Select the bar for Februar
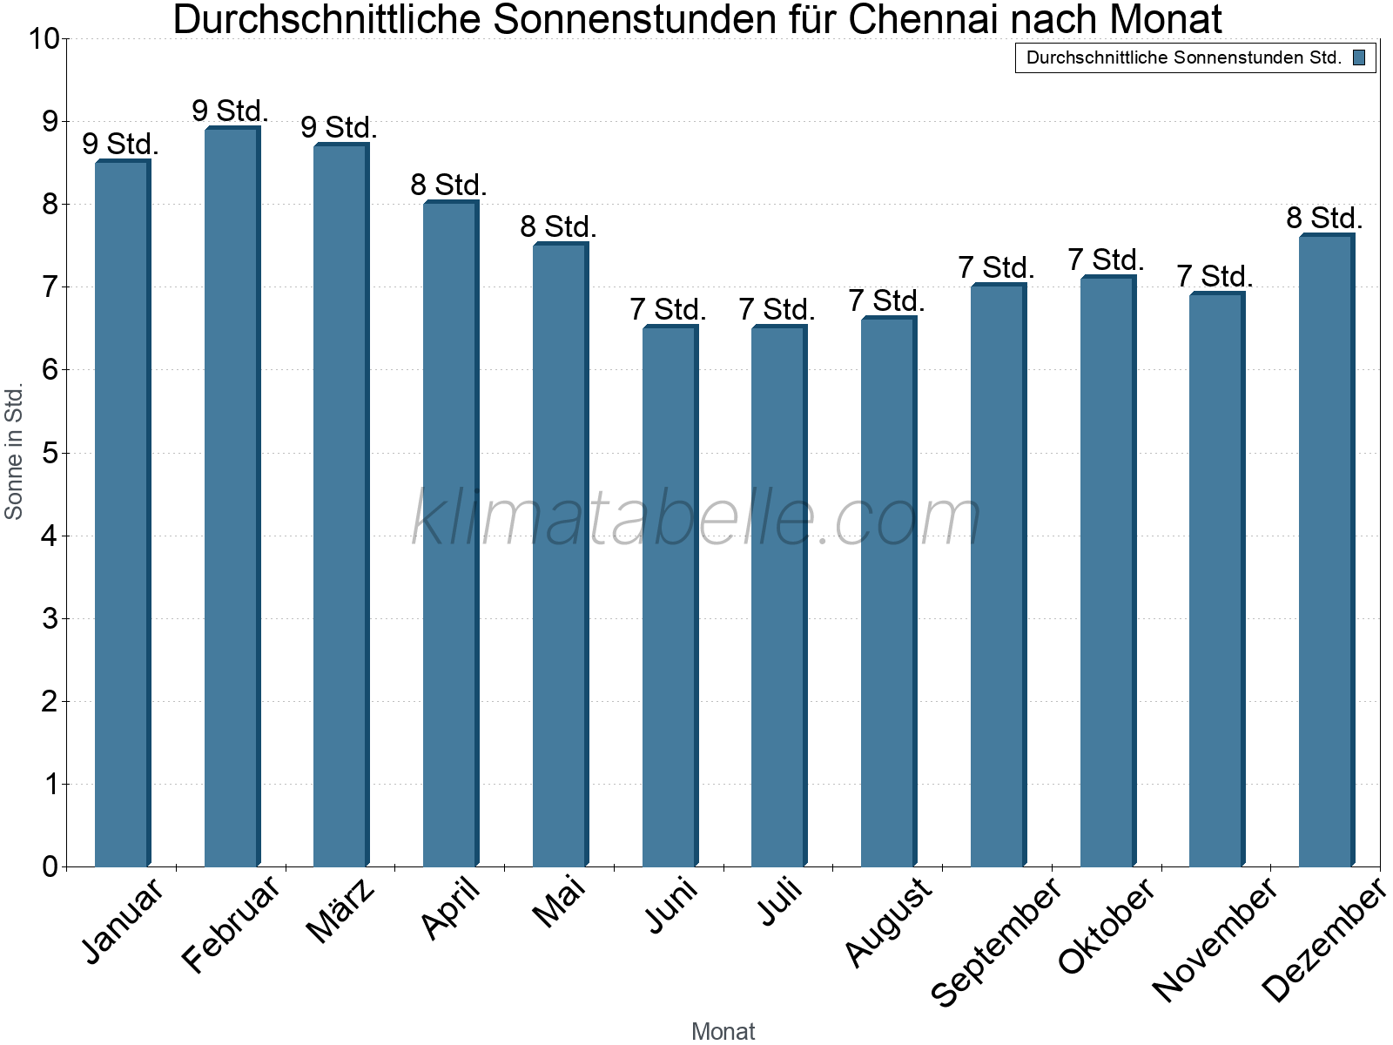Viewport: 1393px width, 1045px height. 232,496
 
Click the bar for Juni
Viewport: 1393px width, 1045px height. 670,596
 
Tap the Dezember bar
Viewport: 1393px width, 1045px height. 1326,550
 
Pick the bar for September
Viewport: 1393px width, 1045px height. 998,575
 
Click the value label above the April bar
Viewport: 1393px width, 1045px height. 448,185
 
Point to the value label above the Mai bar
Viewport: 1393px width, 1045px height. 558,226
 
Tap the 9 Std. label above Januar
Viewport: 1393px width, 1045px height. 121,144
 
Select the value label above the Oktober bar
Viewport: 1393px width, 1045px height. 1106,260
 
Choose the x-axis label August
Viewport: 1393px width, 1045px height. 888,921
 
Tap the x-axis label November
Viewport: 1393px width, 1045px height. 1215,939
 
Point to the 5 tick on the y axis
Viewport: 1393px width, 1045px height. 50,453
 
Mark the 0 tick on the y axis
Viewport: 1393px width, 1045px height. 50,866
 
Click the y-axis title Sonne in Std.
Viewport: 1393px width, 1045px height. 14,451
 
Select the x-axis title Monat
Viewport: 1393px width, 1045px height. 723,1031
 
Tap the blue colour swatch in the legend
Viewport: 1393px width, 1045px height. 1359,57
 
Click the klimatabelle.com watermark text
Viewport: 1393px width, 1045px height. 696,518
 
